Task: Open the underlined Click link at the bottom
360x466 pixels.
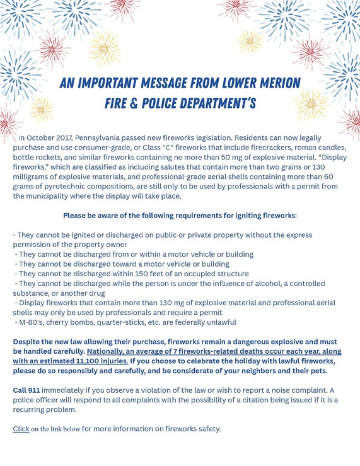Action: [x=21, y=429]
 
